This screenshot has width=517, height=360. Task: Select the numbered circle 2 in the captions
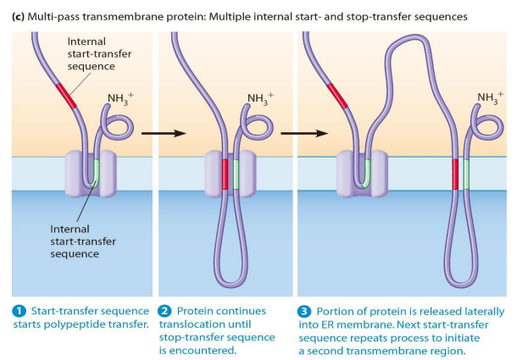(165, 312)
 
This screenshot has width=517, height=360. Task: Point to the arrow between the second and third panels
(304, 133)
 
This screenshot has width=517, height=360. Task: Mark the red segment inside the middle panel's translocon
(225, 174)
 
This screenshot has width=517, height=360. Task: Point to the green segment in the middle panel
(236, 174)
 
